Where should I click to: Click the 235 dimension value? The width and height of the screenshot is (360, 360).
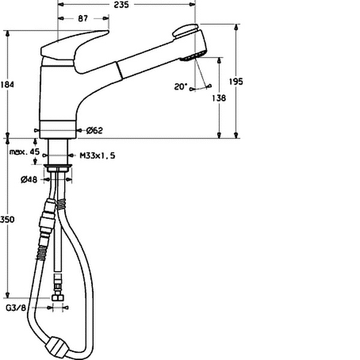point(121,5)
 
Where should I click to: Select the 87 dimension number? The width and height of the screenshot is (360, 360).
point(83,19)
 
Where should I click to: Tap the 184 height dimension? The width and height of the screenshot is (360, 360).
point(7,85)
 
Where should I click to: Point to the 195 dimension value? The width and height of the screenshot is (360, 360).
point(236,82)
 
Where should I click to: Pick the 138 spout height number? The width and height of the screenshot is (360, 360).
point(219,98)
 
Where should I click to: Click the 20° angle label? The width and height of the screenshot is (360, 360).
point(181,86)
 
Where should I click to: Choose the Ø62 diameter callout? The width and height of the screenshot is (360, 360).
point(95,130)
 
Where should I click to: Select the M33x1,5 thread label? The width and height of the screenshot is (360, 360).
point(97,155)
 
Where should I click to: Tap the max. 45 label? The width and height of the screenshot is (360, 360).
point(25,152)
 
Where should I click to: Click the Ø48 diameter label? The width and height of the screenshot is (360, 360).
point(29,179)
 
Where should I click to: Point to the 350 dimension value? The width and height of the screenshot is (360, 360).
point(7,220)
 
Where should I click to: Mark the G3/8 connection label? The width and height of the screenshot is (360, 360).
point(16,308)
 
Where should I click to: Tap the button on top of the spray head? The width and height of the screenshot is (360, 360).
point(185,31)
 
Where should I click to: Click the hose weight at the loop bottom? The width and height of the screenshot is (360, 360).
point(57,348)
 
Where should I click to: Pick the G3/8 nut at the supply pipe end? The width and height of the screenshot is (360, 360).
point(58,298)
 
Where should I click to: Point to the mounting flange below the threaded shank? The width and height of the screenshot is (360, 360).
point(58,167)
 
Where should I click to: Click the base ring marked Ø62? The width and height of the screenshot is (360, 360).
point(58,130)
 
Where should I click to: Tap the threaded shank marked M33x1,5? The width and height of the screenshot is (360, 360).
point(58,152)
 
